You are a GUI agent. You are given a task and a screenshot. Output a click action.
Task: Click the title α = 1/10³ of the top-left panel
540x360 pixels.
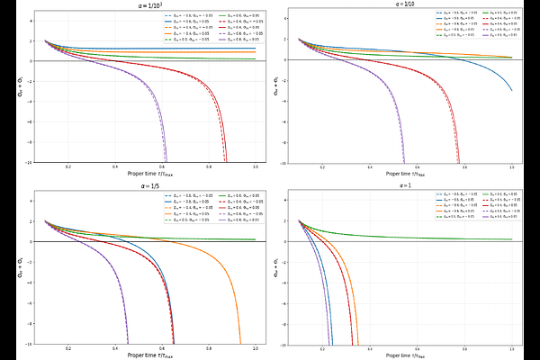click(x=143, y=5)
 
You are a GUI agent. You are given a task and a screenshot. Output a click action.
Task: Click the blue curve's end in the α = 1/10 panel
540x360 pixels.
click(x=512, y=90)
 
